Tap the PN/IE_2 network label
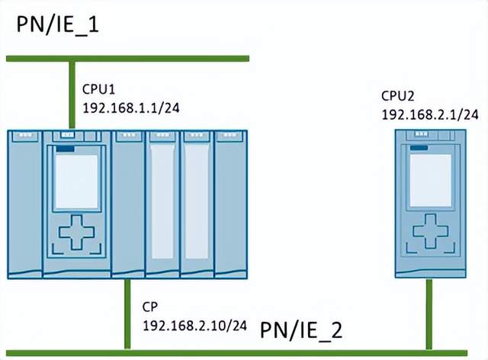click(x=301, y=331)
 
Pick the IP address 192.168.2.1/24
click(x=430, y=114)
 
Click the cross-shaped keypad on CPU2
click(x=431, y=229)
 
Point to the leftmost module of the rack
click(x=24, y=204)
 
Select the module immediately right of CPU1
click(x=127, y=204)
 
